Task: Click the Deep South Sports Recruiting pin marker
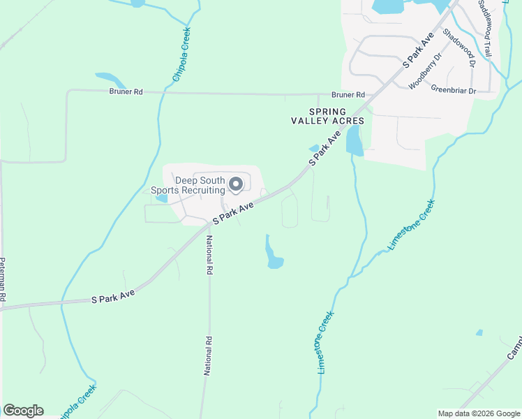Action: [x=236, y=184]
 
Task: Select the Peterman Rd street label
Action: [x=3, y=279]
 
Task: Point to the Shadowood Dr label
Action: [x=459, y=52]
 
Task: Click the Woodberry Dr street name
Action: [x=425, y=71]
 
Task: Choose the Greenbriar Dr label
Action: [x=453, y=90]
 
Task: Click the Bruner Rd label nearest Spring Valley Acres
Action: [x=348, y=94]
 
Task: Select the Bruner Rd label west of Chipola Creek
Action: [x=126, y=91]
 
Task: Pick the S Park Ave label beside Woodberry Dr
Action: [x=419, y=49]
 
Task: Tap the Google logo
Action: [x=23, y=411]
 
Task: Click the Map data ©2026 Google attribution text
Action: [x=478, y=413]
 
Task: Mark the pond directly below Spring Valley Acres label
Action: [x=355, y=140]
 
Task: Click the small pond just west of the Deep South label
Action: [x=161, y=198]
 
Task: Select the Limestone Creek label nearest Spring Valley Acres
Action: [x=412, y=225]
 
